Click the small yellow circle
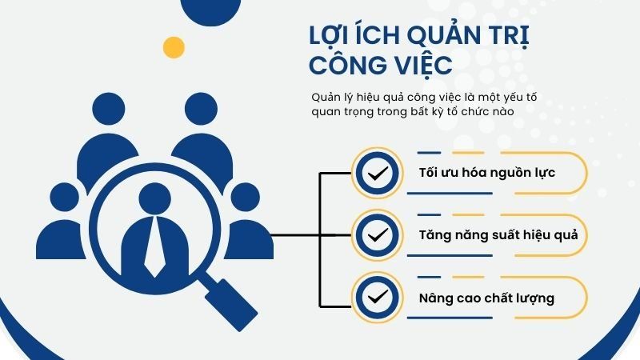pos(174,47)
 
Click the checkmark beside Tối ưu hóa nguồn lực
pos(374,174)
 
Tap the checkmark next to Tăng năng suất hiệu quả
pos(374,235)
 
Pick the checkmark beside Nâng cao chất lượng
pos(374,297)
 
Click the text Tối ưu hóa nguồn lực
pos(486,174)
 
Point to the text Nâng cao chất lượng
pos(486,298)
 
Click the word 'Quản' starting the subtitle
pos(327,98)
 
